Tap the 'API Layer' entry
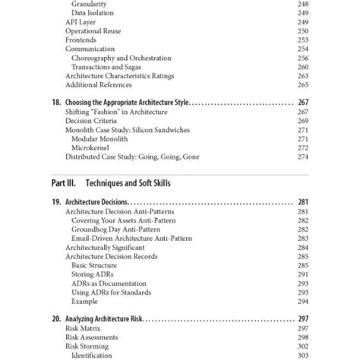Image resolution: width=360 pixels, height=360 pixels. click(81, 23)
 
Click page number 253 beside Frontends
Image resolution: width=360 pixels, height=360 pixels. click(303, 39)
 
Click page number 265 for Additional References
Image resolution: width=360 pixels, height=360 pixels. click(303, 85)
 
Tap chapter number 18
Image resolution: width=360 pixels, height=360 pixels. click(56, 103)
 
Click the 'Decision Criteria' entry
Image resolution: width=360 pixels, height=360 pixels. click(91, 121)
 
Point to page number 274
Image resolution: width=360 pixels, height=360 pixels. click(303, 156)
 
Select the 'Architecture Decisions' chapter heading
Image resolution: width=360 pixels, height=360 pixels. click(96, 203)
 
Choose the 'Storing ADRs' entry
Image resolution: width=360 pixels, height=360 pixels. click(92, 273)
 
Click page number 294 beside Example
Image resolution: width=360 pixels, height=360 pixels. click(303, 300)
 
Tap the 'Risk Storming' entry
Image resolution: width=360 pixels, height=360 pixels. click(89, 345)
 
